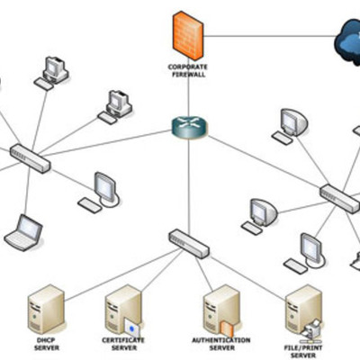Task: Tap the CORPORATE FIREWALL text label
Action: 187,69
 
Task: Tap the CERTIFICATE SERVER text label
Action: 123,344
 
